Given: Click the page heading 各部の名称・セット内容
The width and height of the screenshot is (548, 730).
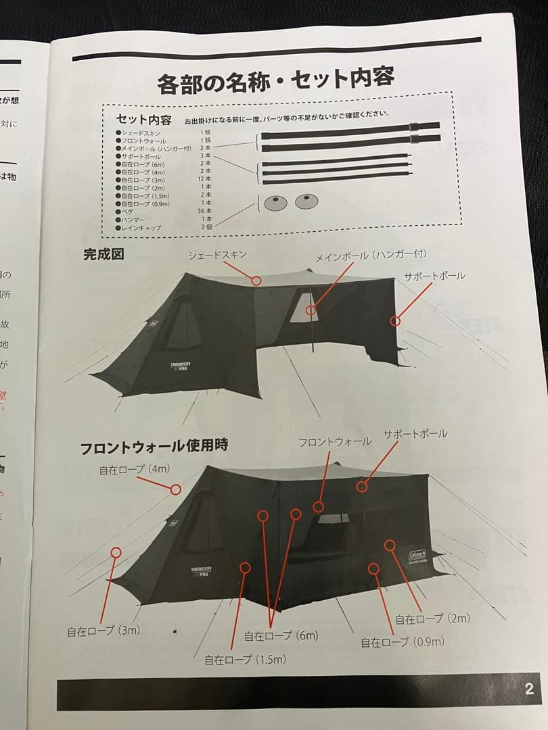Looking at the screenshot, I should tap(275, 80).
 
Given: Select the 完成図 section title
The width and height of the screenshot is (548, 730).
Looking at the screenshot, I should tap(103, 255).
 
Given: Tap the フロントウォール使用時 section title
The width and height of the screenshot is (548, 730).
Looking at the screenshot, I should tap(154, 446).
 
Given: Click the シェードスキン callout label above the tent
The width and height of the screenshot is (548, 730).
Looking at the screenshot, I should tap(217, 255).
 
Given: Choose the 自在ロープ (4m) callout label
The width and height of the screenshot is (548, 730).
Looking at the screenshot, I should tap(134, 469).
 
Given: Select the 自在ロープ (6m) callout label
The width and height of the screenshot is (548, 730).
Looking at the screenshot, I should tap(281, 635).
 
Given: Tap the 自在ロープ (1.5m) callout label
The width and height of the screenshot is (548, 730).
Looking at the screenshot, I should tap(246, 659).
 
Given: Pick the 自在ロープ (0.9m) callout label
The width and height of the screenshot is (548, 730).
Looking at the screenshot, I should tap(403, 641).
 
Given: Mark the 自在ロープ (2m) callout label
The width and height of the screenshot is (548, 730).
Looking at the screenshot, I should tap(432, 618).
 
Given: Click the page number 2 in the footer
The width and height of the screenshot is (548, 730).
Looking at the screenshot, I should tap(528, 689).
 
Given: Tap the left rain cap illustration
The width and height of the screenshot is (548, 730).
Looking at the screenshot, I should tap(274, 202).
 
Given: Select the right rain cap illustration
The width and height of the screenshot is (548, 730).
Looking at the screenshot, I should tap(306, 201).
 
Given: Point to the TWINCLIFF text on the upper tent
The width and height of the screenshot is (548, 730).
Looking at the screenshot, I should tap(184, 364).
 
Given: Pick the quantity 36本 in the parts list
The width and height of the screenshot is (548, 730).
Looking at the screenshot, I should tap(204, 211).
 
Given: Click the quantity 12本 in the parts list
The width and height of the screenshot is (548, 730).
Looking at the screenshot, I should tap(204, 180).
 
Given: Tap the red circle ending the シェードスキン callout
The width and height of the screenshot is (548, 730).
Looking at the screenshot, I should tap(256, 280).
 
